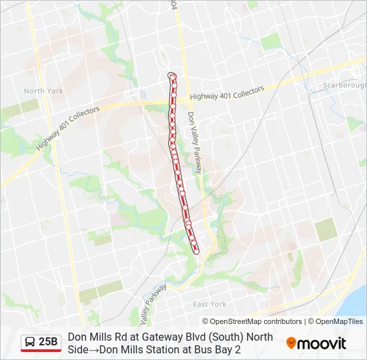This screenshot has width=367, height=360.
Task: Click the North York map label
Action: coord(43,91)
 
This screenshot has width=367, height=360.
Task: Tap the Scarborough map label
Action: coord(344,85)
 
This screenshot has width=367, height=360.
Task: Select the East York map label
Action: coord(210,304)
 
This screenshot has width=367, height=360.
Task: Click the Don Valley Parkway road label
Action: coord(194,143)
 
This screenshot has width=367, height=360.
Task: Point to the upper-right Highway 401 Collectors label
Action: coord(227,93)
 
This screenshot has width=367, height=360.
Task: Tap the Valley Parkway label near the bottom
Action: coord(154,303)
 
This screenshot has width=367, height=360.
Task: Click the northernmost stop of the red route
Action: coord(173,77)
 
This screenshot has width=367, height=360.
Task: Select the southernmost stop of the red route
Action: coord(196,251)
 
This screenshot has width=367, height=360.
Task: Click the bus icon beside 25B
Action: coord(30,342)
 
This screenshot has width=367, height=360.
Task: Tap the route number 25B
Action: coord(48,342)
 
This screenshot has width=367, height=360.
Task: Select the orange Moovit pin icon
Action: coord(291,343)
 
